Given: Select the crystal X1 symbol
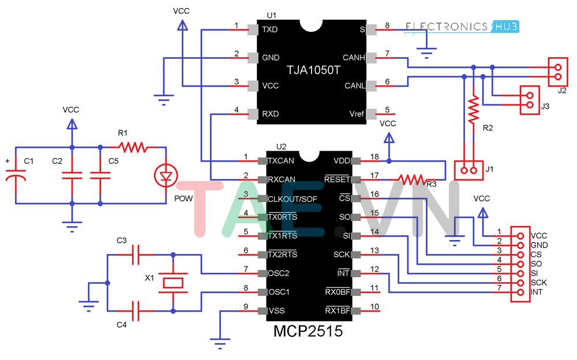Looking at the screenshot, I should [x=173, y=283].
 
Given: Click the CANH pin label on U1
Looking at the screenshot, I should [x=353, y=58].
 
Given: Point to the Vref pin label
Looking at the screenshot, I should [x=357, y=114].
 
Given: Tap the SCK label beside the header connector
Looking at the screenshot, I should [x=538, y=283].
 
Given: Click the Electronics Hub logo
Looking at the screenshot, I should [x=462, y=26].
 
